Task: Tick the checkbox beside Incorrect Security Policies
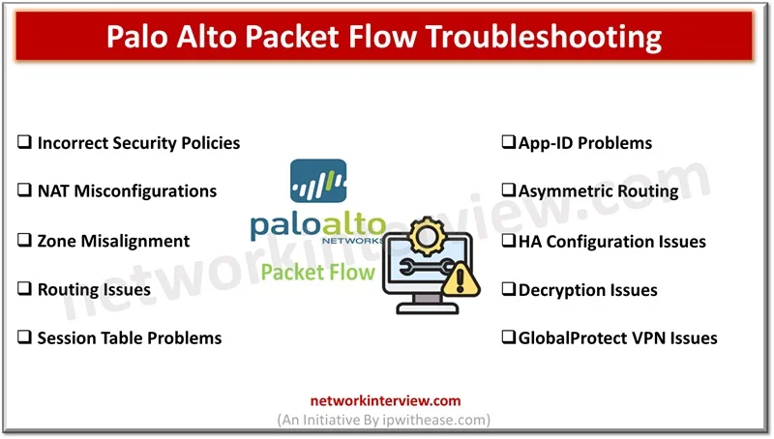pos(25,143)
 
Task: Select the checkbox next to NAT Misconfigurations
pos(25,191)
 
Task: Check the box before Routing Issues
pos(25,289)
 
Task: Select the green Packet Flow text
pos(316,272)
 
